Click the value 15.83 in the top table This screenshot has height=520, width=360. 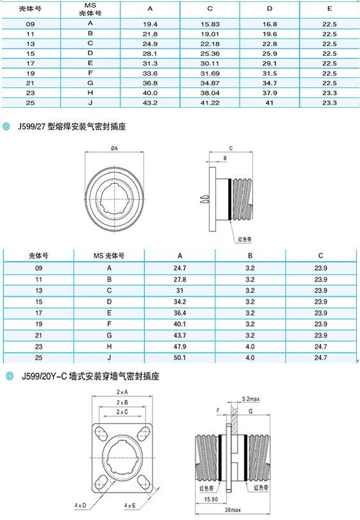point(210,24)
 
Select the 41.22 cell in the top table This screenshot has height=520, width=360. point(210,103)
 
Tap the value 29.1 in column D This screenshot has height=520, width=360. point(270,63)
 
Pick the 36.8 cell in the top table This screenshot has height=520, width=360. point(150,83)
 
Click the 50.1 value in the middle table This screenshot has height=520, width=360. point(180,358)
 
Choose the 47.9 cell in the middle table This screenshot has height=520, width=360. point(180,346)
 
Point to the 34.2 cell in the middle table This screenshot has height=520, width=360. point(180,302)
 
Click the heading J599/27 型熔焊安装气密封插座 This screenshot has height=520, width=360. point(72,126)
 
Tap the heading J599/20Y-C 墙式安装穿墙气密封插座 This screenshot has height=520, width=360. point(90,376)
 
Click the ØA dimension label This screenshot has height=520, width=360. point(114,148)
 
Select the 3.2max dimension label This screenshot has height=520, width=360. point(250,399)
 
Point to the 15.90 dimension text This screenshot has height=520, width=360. point(211,499)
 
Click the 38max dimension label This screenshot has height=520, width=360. point(233,510)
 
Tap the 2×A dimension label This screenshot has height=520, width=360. point(122,392)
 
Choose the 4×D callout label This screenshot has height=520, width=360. point(80,505)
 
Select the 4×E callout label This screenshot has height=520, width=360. point(130,505)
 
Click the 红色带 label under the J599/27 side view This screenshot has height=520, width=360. point(245,239)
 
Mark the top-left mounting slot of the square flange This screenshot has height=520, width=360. point(101,432)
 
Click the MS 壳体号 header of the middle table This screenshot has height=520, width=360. point(109,256)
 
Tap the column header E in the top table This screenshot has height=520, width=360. point(329,8)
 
